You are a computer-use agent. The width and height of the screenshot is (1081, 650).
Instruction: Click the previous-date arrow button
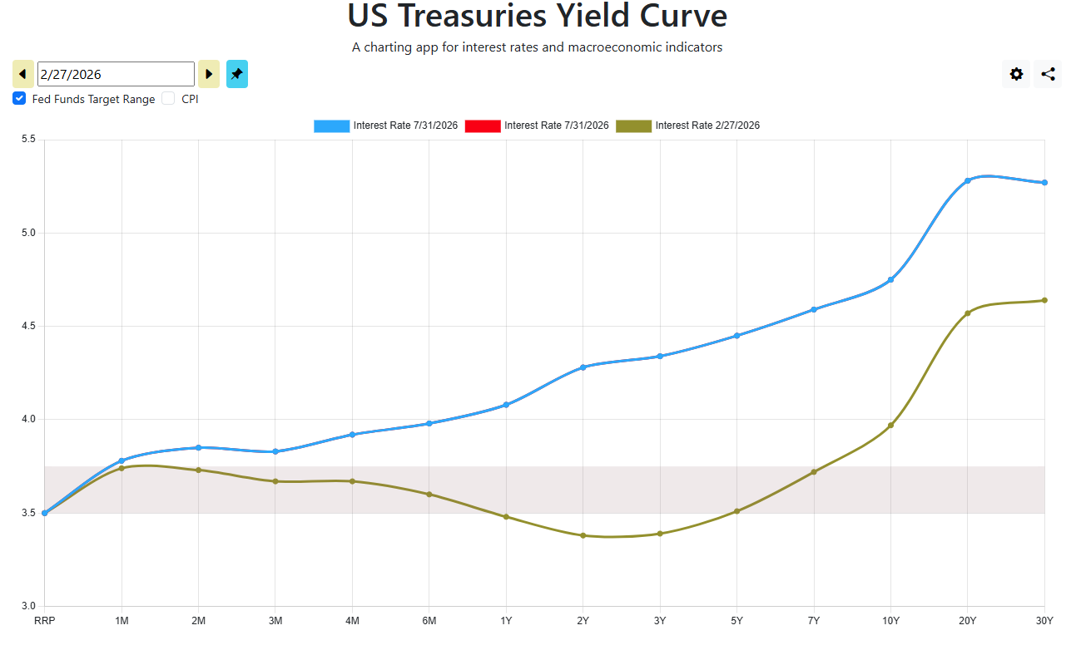[x=22, y=74]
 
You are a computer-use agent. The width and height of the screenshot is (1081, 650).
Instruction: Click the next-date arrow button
[x=209, y=74]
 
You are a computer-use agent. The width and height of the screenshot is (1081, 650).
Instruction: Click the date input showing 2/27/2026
[x=116, y=74]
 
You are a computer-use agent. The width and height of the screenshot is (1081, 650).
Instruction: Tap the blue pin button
[x=237, y=74]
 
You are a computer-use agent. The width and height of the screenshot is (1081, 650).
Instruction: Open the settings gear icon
[x=1016, y=74]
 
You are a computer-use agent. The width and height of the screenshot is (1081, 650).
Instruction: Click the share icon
[x=1048, y=74]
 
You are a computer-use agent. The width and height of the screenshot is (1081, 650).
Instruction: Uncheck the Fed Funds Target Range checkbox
[x=19, y=98]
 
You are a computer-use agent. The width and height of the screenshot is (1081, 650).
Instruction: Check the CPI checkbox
[x=168, y=98]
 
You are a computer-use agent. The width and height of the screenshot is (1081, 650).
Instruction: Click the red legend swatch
[x=483, y=126]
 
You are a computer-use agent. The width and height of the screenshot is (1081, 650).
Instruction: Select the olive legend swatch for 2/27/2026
[x=633, y=126]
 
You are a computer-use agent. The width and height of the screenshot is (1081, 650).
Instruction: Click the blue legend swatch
[x=331, y=126]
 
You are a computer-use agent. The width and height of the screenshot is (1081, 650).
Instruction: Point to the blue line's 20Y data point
[x=968, y=181]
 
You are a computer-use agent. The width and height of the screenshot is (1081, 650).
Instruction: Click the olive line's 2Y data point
[x=583, y=536]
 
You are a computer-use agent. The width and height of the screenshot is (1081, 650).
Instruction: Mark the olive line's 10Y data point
[x=891, y=426]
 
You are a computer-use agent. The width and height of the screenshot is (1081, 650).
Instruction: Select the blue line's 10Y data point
[x=891, y=280]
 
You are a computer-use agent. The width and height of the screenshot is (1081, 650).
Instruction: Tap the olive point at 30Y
[x=1045, y=300]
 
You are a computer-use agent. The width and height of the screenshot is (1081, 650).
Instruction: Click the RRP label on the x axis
[x=44, y=621]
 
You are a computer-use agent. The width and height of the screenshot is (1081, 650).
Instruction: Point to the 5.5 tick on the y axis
[x=28, y=140]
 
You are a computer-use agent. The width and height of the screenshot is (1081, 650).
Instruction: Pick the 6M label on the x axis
[x=429, y=621]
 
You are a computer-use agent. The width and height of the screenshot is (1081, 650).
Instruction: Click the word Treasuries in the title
[x=473, y=16]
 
